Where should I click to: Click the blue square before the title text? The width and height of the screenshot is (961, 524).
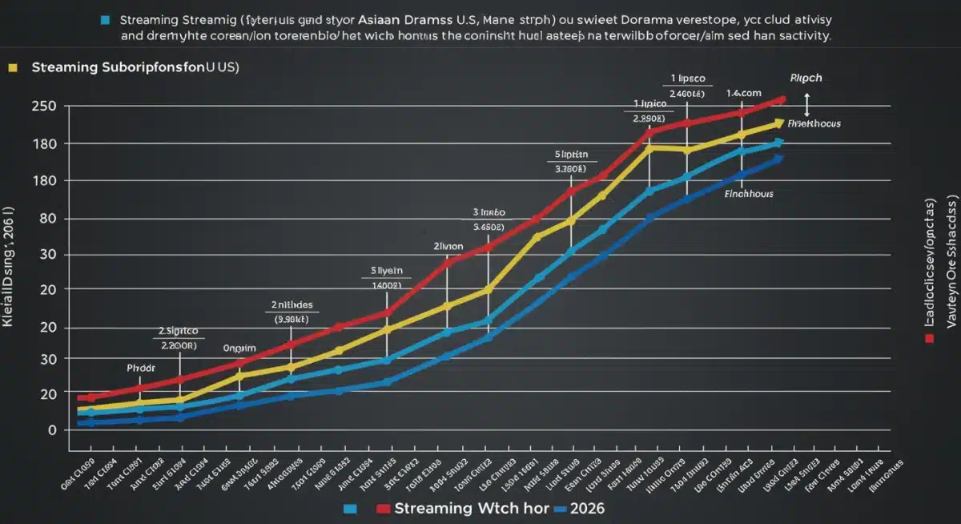pos(105,18)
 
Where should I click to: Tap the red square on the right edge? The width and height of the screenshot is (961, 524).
pos(929,339)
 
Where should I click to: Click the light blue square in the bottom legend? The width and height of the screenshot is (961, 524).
pos(349,510)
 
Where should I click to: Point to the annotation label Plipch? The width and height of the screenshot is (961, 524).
pos(806,79)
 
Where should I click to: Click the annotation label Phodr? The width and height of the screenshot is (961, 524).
pos(141,368)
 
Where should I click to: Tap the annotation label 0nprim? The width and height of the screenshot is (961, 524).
pos(239,349)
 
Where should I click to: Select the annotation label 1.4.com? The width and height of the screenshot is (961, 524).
pos(742,94)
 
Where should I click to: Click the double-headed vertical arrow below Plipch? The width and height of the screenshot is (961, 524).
pos(806,104)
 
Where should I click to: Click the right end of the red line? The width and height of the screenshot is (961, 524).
pos(782,99)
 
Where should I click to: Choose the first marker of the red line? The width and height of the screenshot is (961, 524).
pos(90,397)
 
